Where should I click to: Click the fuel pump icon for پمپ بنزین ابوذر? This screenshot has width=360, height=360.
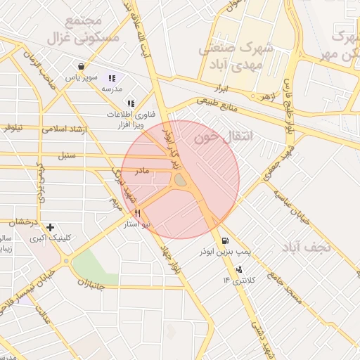[x=224, y=239]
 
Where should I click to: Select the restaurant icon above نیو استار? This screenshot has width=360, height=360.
[x=137, y=213]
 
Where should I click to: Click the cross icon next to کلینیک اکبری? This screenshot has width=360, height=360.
[x=50, y=227]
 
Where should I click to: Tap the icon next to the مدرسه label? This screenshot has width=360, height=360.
[x=112, y=78]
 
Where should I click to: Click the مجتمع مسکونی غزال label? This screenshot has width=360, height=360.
[x=72, y=30]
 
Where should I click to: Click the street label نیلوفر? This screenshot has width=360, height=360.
[x=12, y=127]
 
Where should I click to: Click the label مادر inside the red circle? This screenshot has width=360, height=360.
[x=142, y=171]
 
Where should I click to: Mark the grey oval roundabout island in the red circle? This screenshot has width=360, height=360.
[x=181, y=181]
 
